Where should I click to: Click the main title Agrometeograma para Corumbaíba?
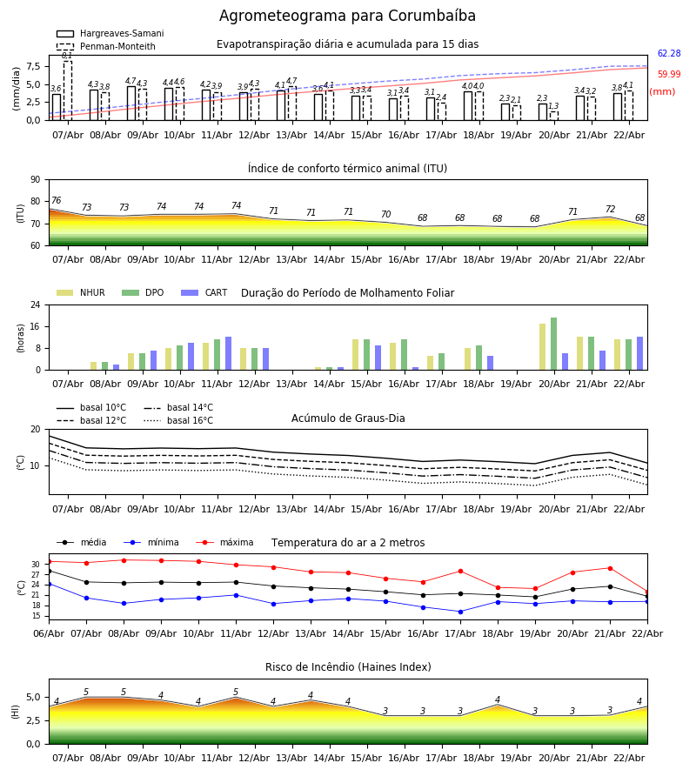tap(347, 17)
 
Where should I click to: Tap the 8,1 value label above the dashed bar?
tap(67, 56)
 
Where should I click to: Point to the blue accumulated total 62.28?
tap(669, 54)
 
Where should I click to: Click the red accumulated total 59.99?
tap(669, 75)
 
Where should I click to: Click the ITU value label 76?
tap(56, 201)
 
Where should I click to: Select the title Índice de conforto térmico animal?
tap(347, 169)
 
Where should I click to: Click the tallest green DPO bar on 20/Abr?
tap(553, 344)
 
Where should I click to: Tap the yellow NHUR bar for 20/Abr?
tap(542, 347)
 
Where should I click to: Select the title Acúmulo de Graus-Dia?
tap(348, 418)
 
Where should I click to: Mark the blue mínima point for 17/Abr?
tap(460, 612)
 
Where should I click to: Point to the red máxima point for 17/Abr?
tap(460, 572)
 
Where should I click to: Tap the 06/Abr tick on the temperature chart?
tap(49, 632)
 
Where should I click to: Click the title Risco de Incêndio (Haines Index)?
tap(348, 667)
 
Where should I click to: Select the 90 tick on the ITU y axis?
tap(35, 180)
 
